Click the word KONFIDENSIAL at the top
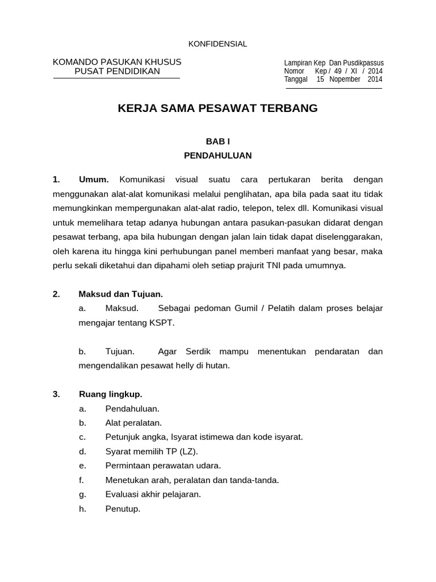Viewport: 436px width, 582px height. [x=217, y=44]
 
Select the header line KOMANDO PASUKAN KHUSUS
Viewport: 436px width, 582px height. [x=117, y=61]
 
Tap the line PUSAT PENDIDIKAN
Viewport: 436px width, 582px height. [x=117, y=71]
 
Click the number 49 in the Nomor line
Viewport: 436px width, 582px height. [x=338, y=71]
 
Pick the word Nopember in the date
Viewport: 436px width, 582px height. [x=345, y=79]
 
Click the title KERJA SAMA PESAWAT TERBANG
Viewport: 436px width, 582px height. [x=217, y=108]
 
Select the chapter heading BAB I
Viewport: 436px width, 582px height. [x=217, y=141]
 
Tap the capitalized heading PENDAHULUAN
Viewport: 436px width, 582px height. [x=217, y=155]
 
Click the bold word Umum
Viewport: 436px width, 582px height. [x=94, y=180]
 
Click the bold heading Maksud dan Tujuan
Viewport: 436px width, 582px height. [x=120, y=294]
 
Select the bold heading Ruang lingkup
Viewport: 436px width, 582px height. [x=110, y=394]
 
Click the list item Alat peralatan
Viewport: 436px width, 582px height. [x=133, y=423]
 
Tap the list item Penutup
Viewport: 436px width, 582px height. [x=123, y=509]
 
